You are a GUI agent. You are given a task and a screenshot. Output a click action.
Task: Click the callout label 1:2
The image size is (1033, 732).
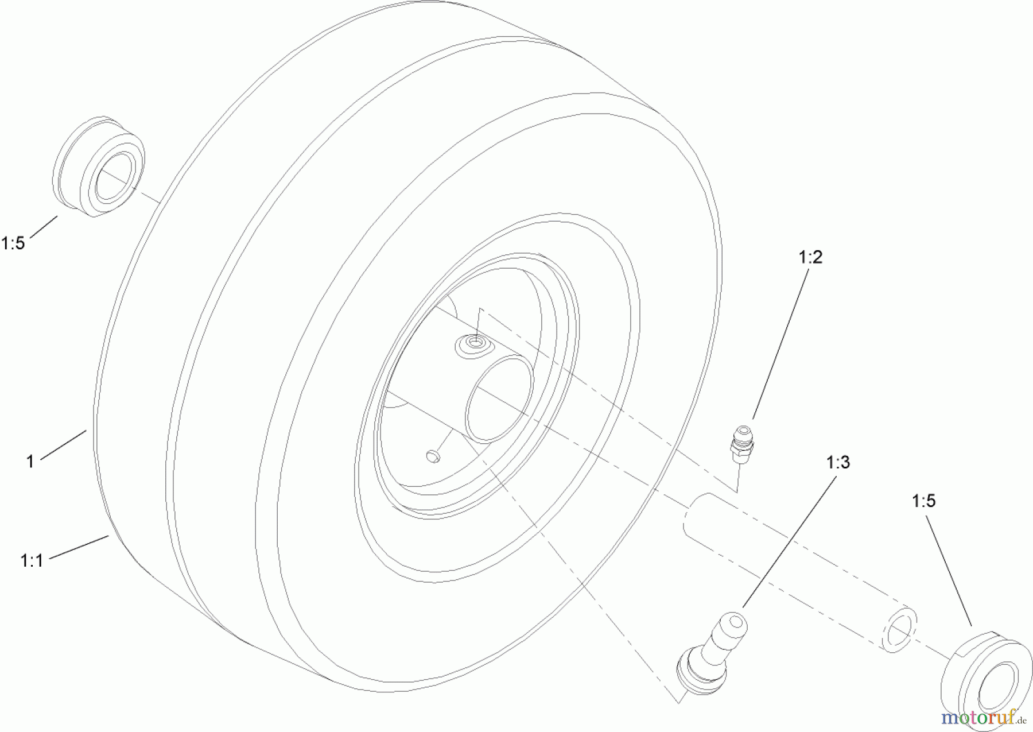810,257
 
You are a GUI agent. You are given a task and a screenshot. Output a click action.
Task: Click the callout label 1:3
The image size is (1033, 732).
838,462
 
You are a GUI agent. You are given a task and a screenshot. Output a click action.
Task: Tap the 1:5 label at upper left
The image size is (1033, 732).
13,243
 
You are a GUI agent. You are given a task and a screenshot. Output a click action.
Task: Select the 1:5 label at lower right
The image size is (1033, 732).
923,501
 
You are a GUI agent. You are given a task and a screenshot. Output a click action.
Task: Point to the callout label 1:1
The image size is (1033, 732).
32,560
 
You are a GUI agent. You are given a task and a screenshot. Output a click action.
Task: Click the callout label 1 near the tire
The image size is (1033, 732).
30,461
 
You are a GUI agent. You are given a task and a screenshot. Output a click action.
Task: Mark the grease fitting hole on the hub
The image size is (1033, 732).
474,343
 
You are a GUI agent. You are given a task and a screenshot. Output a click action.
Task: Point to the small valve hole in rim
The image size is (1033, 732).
433,456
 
